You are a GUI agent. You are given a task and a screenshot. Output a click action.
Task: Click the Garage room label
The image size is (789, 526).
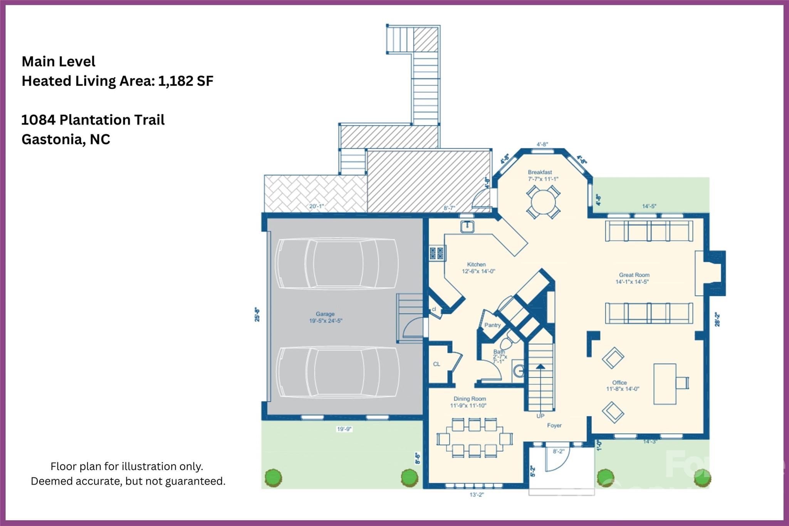325,314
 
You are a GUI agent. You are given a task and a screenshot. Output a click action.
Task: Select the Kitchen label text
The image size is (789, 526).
476,264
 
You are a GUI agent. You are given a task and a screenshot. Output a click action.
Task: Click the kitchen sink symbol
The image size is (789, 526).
467,227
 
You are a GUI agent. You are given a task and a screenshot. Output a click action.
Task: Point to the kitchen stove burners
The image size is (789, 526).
437,253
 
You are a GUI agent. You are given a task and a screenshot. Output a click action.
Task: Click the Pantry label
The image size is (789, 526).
492,325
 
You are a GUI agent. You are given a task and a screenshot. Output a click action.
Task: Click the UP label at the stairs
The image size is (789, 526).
540,416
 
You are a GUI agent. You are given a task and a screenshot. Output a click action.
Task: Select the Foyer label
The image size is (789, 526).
554,425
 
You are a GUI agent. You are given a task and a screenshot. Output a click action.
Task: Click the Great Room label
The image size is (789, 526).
634,275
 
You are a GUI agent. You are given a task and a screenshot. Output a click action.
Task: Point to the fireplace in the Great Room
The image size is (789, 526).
711,273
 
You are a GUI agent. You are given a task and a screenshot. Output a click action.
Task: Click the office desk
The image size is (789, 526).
665,384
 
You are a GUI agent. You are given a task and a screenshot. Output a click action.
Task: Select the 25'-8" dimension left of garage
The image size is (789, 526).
257,314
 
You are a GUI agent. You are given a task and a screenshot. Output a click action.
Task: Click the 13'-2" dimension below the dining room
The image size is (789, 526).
477,495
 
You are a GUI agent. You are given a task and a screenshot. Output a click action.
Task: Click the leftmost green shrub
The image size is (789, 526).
273,478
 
